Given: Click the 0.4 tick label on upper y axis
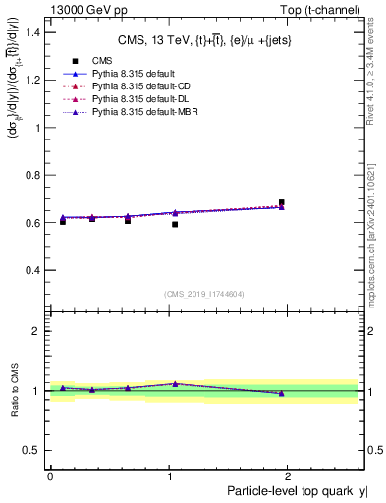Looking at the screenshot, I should [x=31, y=270].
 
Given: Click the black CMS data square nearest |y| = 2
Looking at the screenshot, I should [x=282, y=203].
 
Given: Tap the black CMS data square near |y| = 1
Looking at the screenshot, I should [x=175, y=225].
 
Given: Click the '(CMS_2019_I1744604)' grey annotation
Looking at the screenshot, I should [x=204, y=294].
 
